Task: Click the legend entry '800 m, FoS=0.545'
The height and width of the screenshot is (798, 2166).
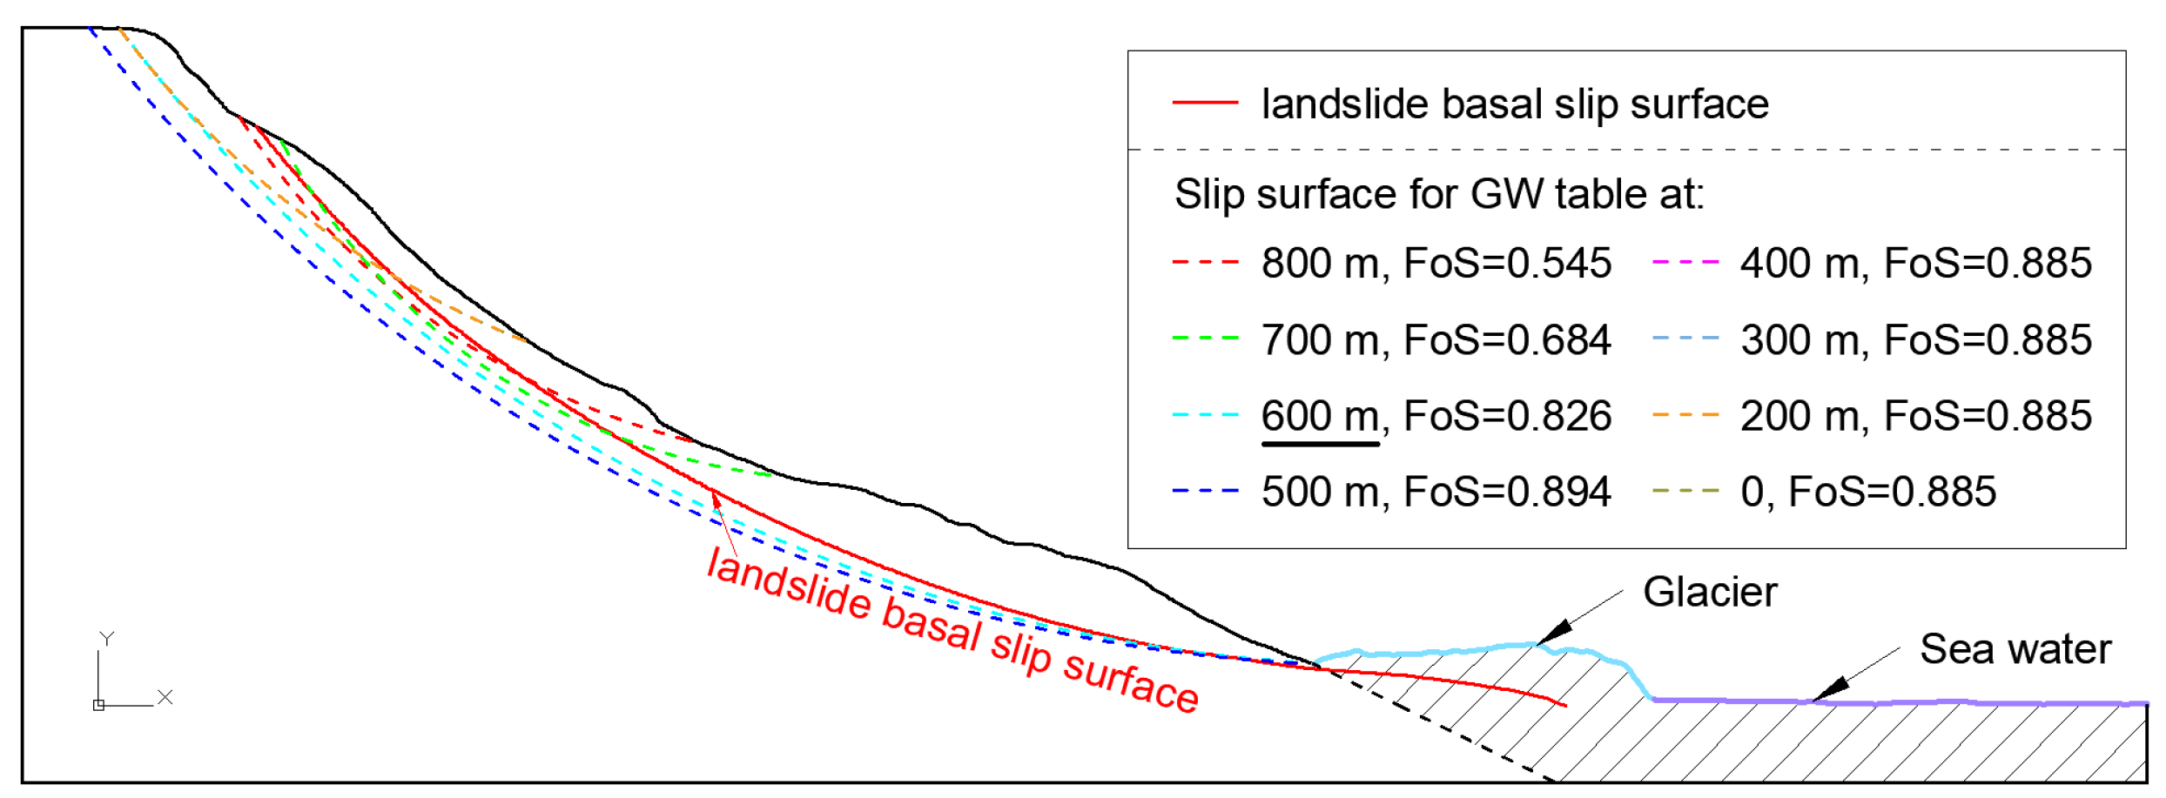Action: point(1436,263)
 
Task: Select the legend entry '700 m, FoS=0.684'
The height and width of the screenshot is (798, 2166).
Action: point(1436,339)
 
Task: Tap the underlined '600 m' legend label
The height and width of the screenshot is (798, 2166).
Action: point(1320,416)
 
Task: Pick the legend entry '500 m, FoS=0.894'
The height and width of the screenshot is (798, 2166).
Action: point(1436,492)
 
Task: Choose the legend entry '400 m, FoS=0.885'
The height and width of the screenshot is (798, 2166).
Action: point(1915,263)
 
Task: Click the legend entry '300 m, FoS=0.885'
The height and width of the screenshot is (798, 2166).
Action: point(1915,339)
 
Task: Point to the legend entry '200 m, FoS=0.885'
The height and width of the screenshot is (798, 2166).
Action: point(1915,416)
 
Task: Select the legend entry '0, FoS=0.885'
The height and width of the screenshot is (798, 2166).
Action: point(1867,492)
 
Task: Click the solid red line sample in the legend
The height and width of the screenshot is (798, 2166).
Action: point(1205,103)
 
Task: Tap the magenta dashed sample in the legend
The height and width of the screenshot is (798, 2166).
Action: point(1685,261)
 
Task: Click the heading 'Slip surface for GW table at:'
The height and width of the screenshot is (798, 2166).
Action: point(1439,193)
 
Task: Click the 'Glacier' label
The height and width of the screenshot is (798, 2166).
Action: point(1709,593)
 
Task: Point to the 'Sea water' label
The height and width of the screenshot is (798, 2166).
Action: point(2015,649)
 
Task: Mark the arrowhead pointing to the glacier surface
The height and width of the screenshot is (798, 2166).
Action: point(1554,632)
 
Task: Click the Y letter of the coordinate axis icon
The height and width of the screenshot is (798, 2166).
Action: point(106,639)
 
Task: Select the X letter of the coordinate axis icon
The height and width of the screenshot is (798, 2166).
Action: point(165,697)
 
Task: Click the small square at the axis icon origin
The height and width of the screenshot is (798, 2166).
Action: point(98,705)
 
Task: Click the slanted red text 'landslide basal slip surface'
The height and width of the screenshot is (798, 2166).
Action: point(952,629)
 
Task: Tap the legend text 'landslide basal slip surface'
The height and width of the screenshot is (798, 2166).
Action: point(1514,104)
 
